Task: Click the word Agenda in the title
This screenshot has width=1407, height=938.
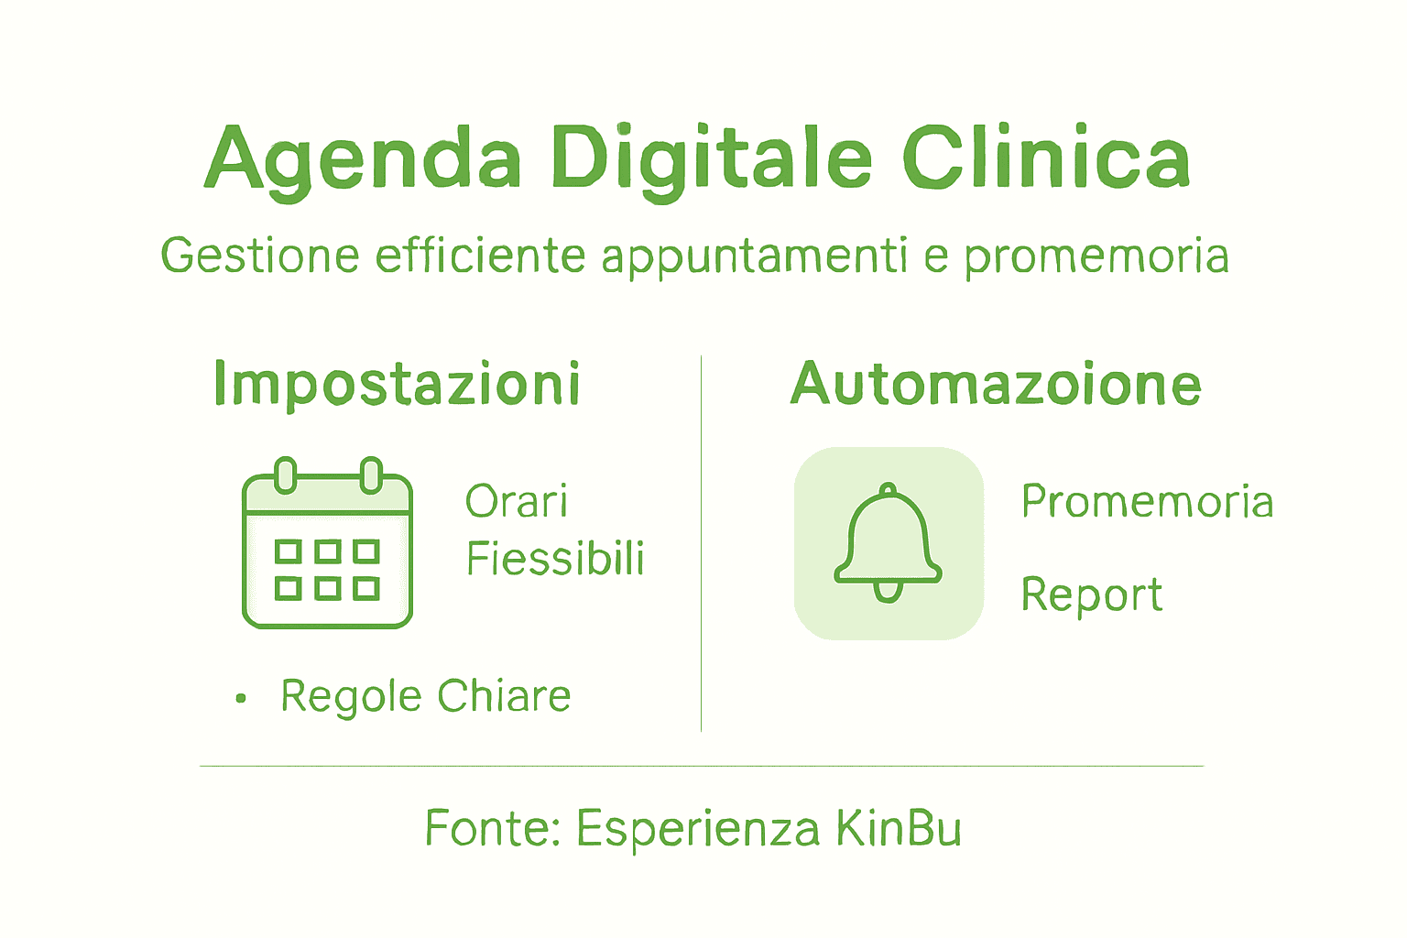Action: pos(363,159)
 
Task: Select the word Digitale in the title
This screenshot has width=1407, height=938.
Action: pos(711,159)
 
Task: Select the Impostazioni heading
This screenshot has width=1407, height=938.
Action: pos(397,384)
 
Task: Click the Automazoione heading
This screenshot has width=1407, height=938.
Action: pos(996,384)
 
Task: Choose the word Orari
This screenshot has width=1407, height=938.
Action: pos(517,502)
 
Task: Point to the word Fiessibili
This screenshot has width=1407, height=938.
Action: pos(555,559)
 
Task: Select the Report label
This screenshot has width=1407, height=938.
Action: pos(1092,595)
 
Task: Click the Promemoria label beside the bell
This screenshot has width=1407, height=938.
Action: pos(1147,502)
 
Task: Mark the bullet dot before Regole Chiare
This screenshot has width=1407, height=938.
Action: pos(241,699)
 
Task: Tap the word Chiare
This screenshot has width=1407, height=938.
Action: pos(504,696)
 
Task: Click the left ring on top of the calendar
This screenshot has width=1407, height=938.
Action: pos(286,474)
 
